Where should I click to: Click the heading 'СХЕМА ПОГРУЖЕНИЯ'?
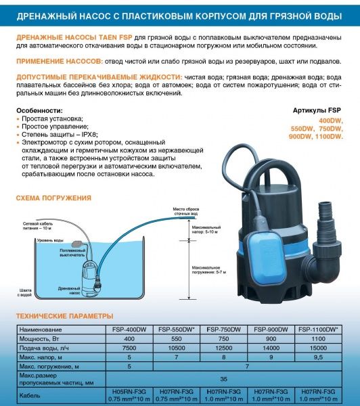[54, 198]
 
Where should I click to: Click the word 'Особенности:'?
[38, 110]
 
